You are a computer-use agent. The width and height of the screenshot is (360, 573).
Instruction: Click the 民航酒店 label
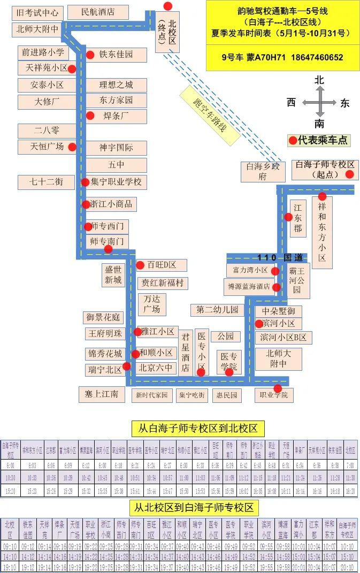pyautogui.click(x=98, y=12)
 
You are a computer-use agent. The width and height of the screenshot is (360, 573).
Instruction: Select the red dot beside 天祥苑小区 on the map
pyautogui.click(x=72, y=68)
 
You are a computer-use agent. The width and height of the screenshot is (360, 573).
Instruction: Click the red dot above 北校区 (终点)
pyautogui.click(x=168, y=6)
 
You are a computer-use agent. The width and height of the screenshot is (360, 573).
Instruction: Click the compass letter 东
pyautogui.click(x=344, y=103)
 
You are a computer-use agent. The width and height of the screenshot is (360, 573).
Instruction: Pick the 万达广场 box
pyautogui.click(x=151, y=303)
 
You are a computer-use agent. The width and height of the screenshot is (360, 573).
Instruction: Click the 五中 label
pyautogui.click(x=116, y=165)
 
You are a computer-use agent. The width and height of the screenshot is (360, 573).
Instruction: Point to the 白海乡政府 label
pyautogui.click(x=262, y=171)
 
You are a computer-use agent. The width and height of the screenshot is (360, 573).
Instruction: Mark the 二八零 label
pyautogui.click(x=47, y=131)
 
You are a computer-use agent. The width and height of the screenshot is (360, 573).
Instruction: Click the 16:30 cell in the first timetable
pyautogui.click(x=350, y=491)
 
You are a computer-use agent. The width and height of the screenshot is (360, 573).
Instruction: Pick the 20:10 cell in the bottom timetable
pyautogui.click(x=347, y=567)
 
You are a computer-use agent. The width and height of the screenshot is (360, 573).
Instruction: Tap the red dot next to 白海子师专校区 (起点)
pyautogui.click(x=349, y=174)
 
